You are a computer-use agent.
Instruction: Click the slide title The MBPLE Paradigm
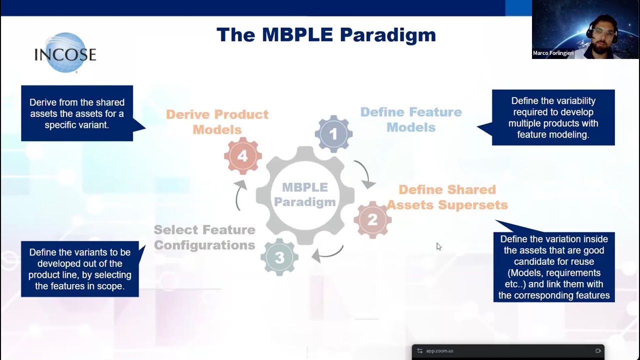[x=326, y=35]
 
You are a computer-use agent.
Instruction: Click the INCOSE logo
[x=65, y=53]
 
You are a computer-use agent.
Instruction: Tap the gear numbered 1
[x=333, y=134]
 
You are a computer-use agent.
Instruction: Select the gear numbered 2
[x=372, y=220]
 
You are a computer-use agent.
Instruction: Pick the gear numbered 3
[x=279, y=257]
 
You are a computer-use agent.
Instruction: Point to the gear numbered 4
[x=242, y=156]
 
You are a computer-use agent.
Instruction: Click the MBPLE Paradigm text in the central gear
[x=304, y=194]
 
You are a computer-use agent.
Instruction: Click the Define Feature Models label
[x=410, y=119]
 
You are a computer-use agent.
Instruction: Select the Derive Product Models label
[x=217, y=121]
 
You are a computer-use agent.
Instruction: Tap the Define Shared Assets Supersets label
[x=447, y=197]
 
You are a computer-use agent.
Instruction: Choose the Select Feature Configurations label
[x=204, y=237]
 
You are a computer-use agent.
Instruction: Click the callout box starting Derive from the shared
[x=77, y=113]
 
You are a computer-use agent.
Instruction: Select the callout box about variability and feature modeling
[x=553, y=117]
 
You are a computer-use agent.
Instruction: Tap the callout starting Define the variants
[x=80, y=269]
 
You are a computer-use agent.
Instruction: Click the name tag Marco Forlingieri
[x=553, y=53]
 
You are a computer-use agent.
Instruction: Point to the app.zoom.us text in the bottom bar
[x=439, y=351]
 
